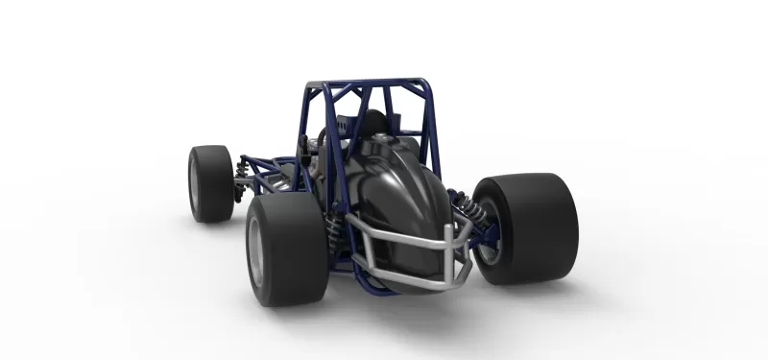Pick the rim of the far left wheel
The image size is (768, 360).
195,183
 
